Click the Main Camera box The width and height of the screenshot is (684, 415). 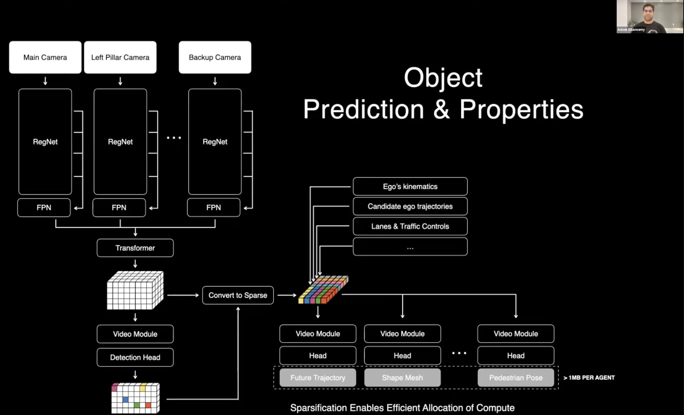tap(45, 57)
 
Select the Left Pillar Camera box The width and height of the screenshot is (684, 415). tap(120, 57)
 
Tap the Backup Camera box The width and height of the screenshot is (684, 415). tap(215, 57)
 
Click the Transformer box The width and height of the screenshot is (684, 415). tap(135, 248)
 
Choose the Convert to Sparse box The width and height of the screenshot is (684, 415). tap(238, 295)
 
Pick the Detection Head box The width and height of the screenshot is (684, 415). tap(135, 357)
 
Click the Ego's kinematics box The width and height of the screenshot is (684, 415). tap(410, 186)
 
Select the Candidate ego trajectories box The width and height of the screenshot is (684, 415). tap(410, 206)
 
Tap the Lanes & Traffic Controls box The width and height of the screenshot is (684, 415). tap(410, 226)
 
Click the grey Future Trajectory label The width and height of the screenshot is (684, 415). tap(317, 378)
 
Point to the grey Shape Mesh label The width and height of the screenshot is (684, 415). tap(402, 378)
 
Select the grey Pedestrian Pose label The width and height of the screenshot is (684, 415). tap(516, 378)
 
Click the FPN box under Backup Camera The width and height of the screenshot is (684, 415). tap(213, 207)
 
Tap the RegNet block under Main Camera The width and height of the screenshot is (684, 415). tap(45, 142)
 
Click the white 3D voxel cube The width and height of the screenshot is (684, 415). tap(135, 291)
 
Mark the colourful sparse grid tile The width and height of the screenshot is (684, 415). tap(323, 290)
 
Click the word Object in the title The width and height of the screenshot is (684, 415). tap(443, 77)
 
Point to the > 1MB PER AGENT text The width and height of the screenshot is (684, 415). tap(589, 378)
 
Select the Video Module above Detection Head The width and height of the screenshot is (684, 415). tap(135, 334)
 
